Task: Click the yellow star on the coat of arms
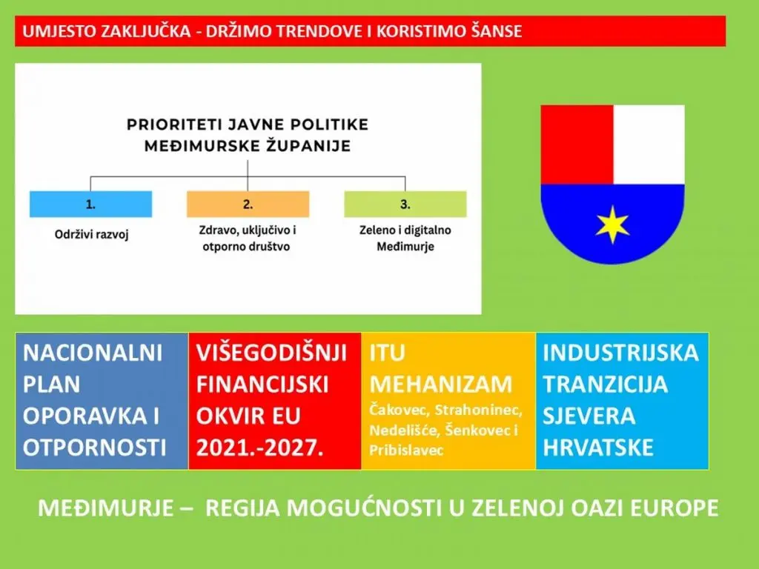point(612,225)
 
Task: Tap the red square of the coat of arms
point(577,144)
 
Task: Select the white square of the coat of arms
point(649,144)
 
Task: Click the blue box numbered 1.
point(90,204)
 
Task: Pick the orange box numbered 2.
point(248,204)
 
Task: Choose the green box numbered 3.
point(405,204)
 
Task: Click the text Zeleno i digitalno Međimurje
point(405,239)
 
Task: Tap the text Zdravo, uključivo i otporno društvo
point(248,239)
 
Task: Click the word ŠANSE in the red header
point(499,32)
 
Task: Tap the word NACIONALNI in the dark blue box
point(92,353)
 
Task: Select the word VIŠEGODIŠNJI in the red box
point(271,353)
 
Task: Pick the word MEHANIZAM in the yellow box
point(440,385)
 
